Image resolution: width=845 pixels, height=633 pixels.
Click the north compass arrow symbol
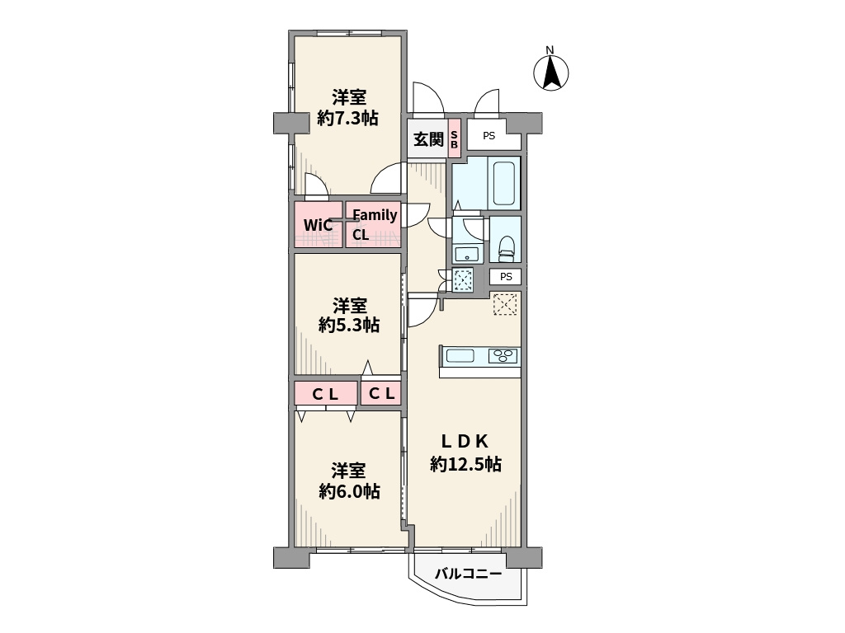tap(550, 72)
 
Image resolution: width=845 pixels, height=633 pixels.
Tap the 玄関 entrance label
tap(428, 140)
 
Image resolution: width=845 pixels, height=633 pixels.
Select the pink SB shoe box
tap(455, 138)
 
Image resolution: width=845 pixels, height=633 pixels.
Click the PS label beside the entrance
tap(489, 136)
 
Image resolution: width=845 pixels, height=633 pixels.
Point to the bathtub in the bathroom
tap(504, 183)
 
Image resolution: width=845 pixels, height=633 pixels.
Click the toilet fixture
tap(507, 247)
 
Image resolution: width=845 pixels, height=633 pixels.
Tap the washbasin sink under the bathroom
tap(463, 253)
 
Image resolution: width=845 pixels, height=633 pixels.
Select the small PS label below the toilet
tap(506, 277)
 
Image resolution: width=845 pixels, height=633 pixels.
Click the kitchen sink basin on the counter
tap(460, 356)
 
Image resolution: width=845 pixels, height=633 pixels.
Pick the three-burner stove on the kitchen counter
tap(503, 356)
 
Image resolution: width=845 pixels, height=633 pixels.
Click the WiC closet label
tap(318, 225)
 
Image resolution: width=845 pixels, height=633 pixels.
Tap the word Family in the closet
tap(375, 215)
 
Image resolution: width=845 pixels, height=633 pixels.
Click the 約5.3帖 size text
tap(349, 325)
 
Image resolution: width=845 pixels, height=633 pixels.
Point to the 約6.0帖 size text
tap(349, 491)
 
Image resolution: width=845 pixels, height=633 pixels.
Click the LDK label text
tap(465, 442)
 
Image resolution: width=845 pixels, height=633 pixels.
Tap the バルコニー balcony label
tap(468, 574)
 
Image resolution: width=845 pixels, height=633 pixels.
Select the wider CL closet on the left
tap(325, 393)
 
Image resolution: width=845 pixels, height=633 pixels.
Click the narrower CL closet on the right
tap(381, 393)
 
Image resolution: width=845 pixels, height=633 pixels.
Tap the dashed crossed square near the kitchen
tap(505, 304)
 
